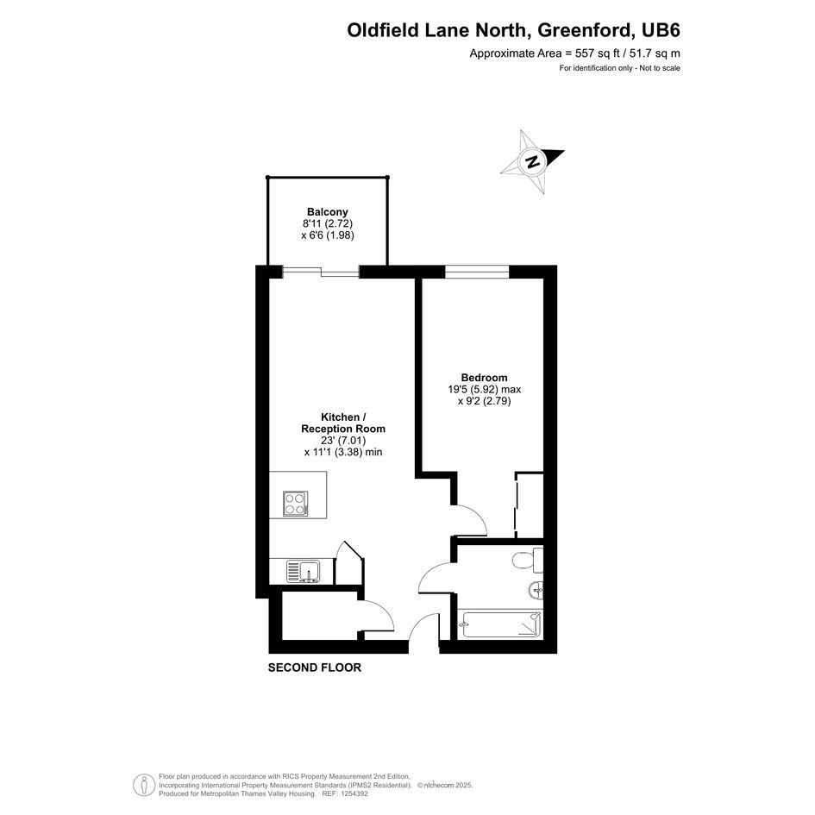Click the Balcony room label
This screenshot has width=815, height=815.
pos(328,212)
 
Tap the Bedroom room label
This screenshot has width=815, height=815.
pos(484,378)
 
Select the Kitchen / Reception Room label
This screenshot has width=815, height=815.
pos(343,423)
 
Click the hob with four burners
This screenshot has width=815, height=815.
pos(295,504)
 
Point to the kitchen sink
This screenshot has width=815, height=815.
pos(303,571)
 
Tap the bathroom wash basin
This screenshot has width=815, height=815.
pos(536,590)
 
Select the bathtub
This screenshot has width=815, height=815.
pos(501,624)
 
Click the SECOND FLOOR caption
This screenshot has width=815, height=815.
pos(315,668)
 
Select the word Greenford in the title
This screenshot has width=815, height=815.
pos(586,30)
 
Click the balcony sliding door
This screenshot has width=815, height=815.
pos(321,272)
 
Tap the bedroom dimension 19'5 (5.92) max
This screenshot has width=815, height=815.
pos(485,389)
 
